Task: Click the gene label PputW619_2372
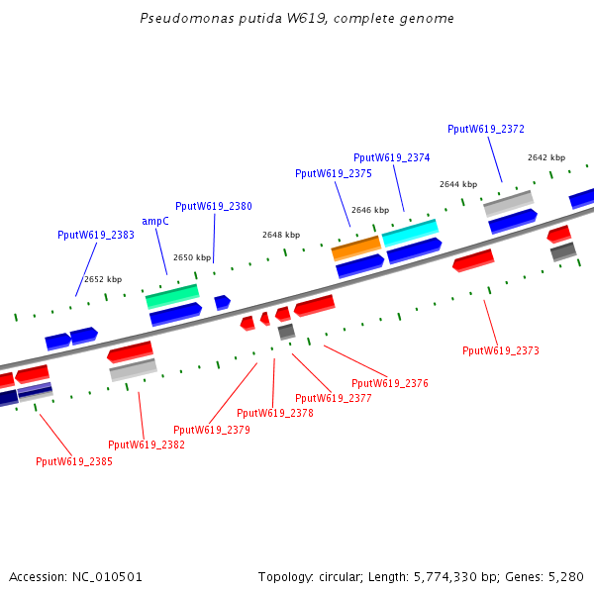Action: [486, 129]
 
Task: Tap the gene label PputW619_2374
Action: [392, 157]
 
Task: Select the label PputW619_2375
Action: [334, 173]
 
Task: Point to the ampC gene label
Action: [155, 222]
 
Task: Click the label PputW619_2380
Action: [214, 206]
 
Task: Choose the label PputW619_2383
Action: [96, 235]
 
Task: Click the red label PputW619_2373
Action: [501, 350]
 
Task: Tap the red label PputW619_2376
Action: [390, 383]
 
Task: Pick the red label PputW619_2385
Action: [74, 461]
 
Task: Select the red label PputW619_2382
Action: [147, 445]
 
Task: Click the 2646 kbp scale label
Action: [370, 210]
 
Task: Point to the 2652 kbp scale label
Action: [103, 279]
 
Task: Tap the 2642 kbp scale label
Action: [546, 157]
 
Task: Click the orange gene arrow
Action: [356, 246]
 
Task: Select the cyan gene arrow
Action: [410, 232]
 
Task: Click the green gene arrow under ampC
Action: [172, 295]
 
